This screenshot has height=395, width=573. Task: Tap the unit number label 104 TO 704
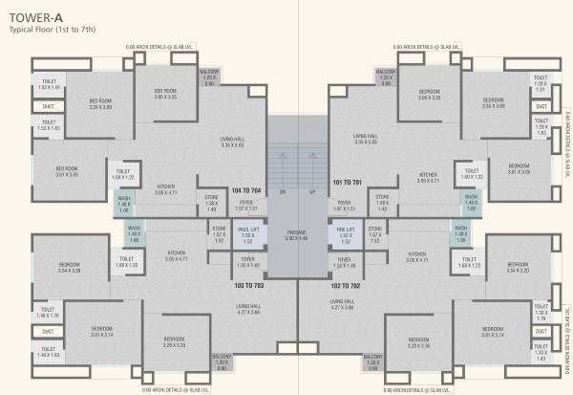tap(246, 191)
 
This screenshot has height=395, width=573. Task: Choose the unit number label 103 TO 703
tap(247, 284)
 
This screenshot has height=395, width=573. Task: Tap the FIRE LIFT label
tap(345, 230)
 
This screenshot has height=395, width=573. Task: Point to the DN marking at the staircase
tap(283, 192)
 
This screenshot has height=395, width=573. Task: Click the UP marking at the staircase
tap(311, 192)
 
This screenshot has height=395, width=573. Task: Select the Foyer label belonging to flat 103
tap(247, 260)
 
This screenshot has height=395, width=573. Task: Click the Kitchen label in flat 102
tap(415, 255)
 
